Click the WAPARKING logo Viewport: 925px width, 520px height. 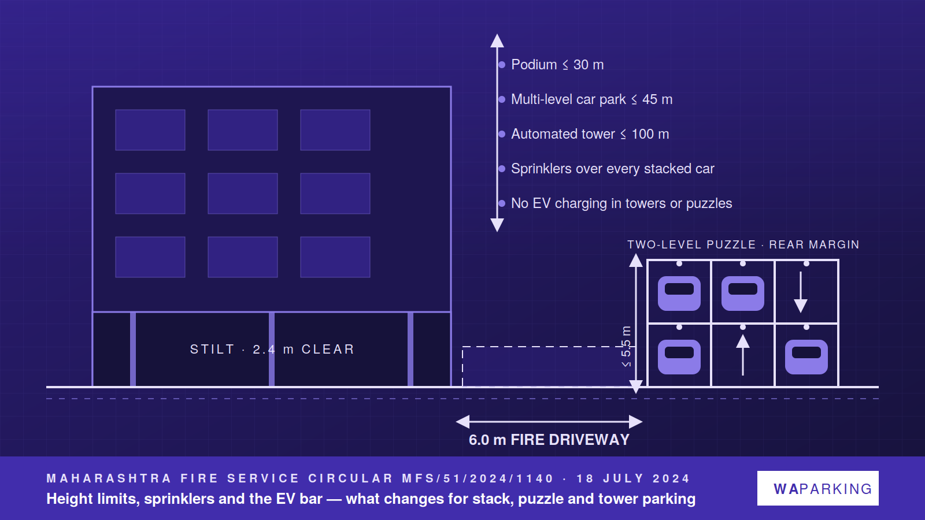817,488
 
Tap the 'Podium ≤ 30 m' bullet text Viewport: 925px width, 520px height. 557,65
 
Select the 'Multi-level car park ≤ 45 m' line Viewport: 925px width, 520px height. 592,99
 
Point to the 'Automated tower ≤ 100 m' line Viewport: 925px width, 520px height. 590,134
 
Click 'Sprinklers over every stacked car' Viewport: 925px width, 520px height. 612,169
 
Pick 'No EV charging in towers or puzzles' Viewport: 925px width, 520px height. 621,203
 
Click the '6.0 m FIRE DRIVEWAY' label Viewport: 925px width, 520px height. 549,440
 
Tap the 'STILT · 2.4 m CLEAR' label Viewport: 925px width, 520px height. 272,349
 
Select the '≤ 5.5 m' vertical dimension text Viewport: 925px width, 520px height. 626,347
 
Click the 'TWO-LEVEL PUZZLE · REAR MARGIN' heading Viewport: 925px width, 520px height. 743,245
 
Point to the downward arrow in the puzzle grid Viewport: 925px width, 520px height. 801,292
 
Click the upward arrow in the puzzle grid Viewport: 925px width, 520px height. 743,355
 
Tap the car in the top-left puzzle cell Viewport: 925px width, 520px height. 679,294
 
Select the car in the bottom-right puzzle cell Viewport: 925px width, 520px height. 806,357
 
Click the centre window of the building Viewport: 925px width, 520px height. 243,194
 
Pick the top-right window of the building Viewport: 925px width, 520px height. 335,130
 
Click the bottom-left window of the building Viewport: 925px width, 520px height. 150,257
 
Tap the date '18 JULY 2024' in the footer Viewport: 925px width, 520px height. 633,479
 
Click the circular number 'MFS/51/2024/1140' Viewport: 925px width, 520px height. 478,479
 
